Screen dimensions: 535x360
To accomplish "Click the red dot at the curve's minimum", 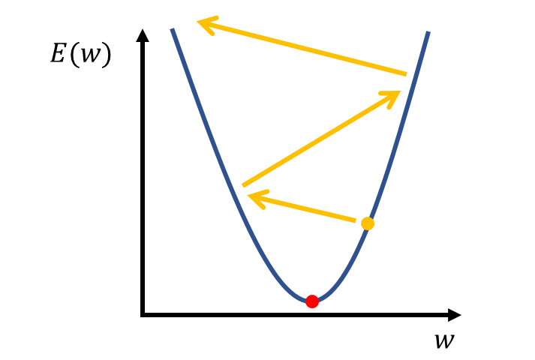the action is [x=312, y=301].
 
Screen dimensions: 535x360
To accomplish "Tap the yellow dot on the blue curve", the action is [x=367, y=223].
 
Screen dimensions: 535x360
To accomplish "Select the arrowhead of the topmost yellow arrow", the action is [x=200, y=23].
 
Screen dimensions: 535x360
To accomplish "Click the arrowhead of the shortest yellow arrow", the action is [x=251, y=197].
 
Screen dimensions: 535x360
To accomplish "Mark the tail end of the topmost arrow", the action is [x=406, y=74].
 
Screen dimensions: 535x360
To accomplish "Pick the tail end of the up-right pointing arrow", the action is [x=242, y=186].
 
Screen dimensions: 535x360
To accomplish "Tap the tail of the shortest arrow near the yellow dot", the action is [x=355, y=221].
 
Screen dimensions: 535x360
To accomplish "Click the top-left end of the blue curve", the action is [x=173, y=29].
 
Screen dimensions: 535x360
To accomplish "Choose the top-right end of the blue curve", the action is [x=428, y=32].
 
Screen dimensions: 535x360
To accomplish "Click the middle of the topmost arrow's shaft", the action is [x=303, y=49].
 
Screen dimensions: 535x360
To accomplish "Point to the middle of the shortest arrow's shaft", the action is [x=303, y=209].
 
